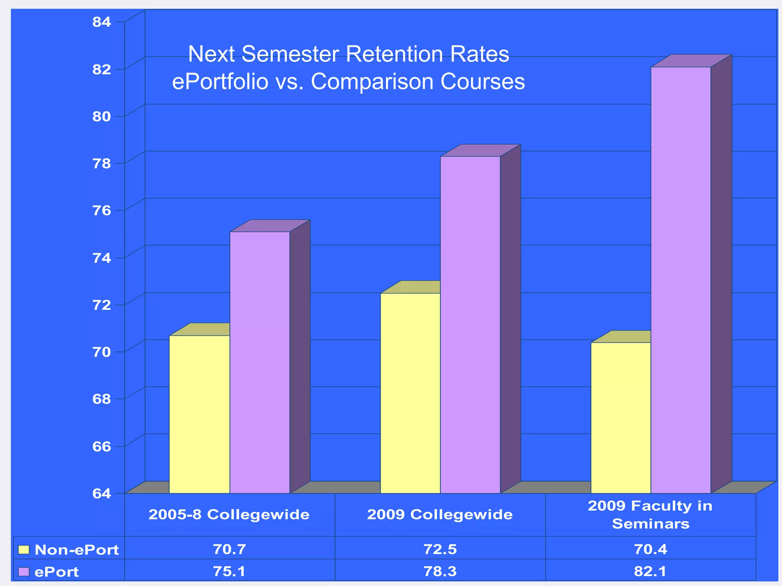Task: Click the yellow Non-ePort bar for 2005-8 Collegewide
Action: point(199,414)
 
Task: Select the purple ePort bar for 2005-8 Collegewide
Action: point(260,362)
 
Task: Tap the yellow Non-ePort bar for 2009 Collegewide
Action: point(410,393)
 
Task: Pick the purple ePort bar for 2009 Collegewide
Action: point(470,324)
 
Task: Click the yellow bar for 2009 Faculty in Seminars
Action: point(620,418)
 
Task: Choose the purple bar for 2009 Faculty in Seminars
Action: point(681,280)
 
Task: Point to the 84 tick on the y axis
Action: point(102,22)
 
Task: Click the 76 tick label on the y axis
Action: point(102,210)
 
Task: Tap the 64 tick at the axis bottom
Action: point(102,493)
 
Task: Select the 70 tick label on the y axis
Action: point(102,351)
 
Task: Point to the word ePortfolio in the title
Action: point(220,82)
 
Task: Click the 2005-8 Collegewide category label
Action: point(229,515)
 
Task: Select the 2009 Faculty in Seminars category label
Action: point(650,515)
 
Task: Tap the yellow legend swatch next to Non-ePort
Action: point(24,550)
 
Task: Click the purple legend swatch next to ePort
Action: point(24,572)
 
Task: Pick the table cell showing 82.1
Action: point(650,572)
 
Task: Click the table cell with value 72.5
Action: point(440,549)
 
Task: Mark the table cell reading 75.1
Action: point(229,572)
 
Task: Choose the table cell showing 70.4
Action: point(650,549)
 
